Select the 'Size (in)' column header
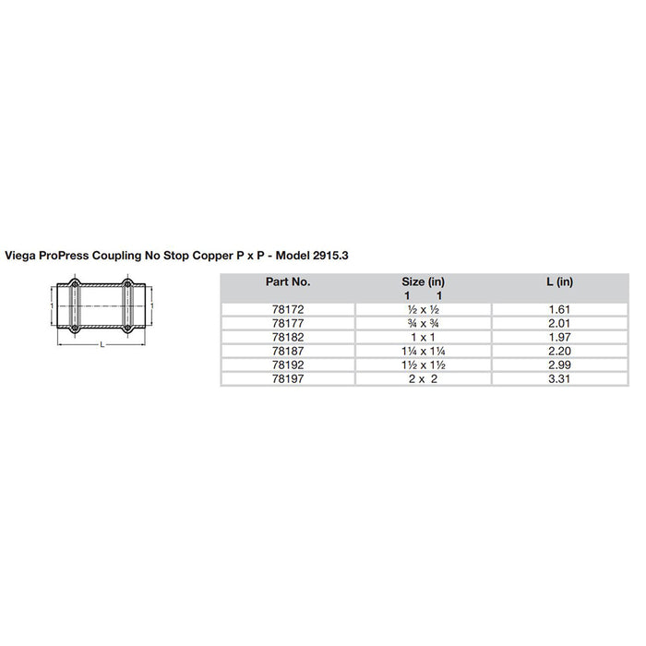coord(425,281)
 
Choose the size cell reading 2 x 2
coord(425,378)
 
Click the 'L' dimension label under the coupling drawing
coord(102,345)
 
